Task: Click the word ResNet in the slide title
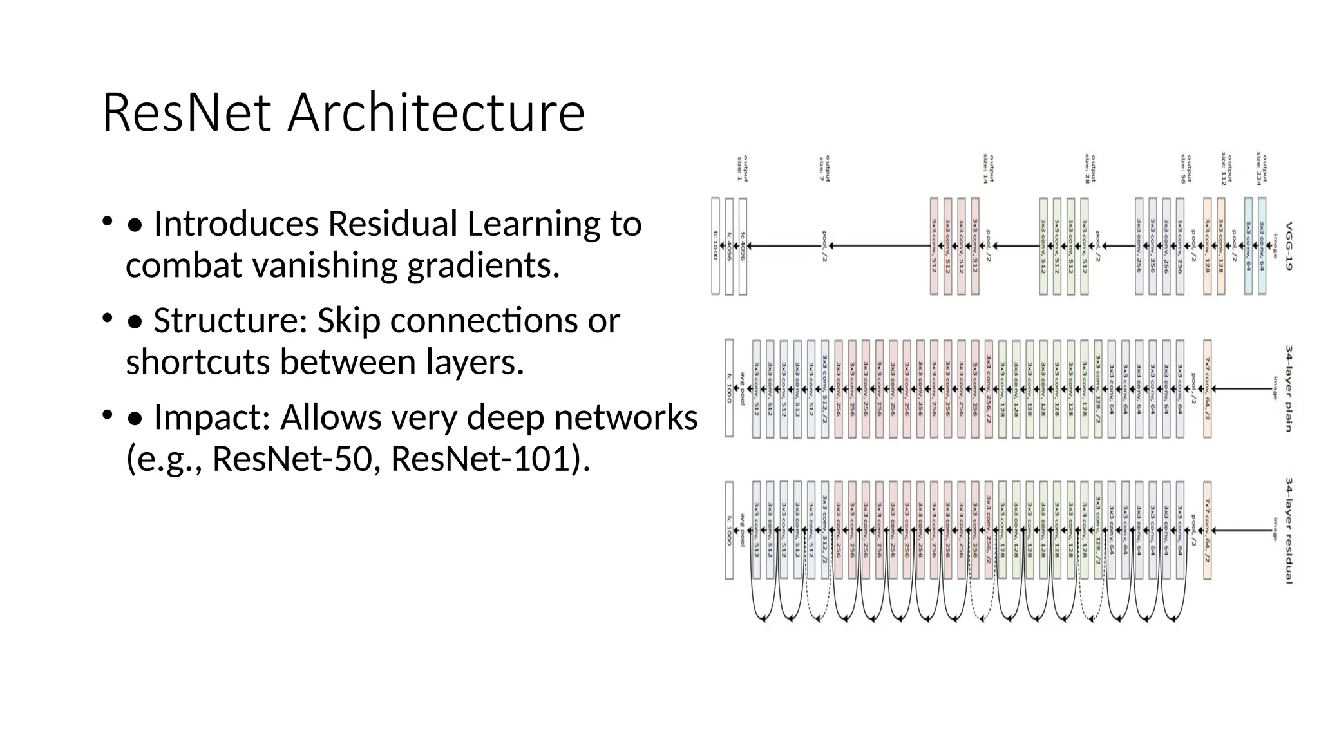186,113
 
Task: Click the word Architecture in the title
436,113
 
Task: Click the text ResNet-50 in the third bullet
291,459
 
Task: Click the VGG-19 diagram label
1289,246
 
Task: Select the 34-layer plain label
1289,388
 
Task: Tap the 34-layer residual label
1289,531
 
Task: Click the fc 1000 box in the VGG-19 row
715,246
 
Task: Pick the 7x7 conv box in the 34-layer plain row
1207,388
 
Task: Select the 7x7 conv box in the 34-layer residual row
1207,531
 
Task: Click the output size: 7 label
824,169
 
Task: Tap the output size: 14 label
988,169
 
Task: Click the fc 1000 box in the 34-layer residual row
729,531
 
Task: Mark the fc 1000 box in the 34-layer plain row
729,388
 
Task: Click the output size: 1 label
742,169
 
